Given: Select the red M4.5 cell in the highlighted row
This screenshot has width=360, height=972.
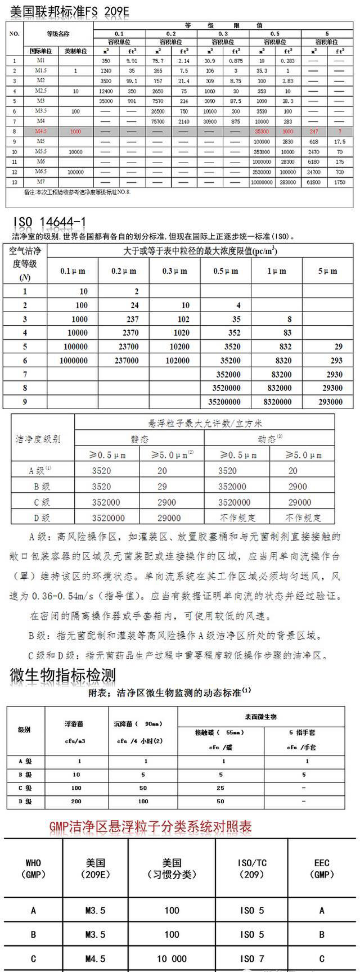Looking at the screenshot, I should point(40,131).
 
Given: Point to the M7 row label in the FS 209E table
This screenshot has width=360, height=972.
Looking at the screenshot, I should point(40,182).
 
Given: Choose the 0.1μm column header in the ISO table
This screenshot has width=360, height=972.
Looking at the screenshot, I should point(73,271).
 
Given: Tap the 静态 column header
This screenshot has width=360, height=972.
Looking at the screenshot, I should point(140,439).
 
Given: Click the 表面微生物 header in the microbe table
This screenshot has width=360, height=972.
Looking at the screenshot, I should point(260,717).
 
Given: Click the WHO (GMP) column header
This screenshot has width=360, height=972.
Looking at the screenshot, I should point(33,868).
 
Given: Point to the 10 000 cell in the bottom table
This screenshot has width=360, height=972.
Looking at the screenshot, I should point(172,958).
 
